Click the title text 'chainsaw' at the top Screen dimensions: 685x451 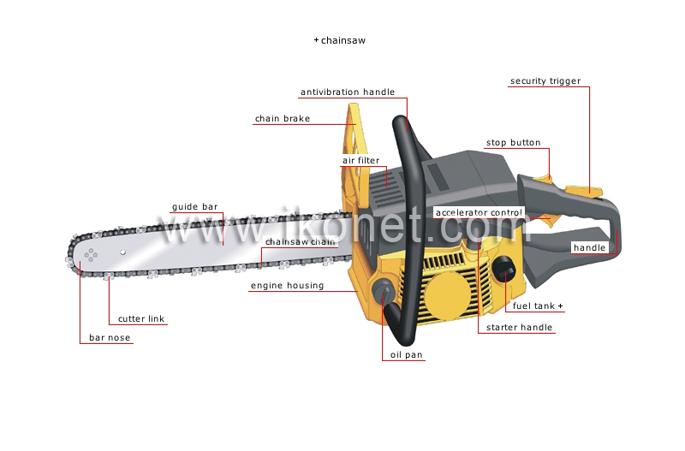[x=343, y=40]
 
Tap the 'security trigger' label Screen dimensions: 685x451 [x=545, y=80]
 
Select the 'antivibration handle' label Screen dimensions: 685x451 [x=348, y=92]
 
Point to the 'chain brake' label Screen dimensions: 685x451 [x=283, y=119]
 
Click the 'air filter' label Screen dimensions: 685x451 [x=360, y=161]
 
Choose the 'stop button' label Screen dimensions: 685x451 [x=513, y=143]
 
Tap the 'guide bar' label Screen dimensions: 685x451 [x=195, y=207]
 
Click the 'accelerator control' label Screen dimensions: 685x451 [x=479, y=212]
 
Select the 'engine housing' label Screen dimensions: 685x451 [x=287, y=286]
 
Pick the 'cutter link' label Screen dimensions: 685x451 [x=141, y=318]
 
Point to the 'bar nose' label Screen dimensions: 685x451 [x=110, y=337]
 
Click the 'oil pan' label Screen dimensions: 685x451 [x=406, y=355]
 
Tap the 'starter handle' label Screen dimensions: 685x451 [x=519, y=328]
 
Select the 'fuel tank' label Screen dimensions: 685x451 [x=533, y=306]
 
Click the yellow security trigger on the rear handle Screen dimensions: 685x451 [x=584, y=191]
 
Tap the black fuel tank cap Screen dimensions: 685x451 [x=503, y=270]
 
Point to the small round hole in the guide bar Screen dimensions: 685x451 [x=122, y=252]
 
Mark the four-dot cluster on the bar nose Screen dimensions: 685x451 [x=91, y=255]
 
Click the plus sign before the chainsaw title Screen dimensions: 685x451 [x=316, y=40]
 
